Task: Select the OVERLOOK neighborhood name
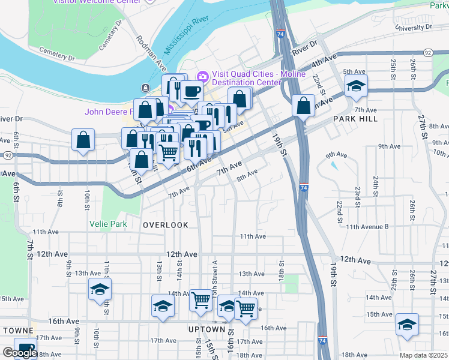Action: [x=166, y=225]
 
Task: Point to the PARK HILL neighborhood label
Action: [x=355, y=119]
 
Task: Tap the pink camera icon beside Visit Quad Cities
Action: [x=202, y=76]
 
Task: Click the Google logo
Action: [x=19, y=353]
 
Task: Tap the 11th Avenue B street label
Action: [x=367, y=227]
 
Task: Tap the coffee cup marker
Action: [x=191, y=91]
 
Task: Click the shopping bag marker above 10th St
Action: [x=83, y=140]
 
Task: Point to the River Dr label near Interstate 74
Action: [x=304, y=52]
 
